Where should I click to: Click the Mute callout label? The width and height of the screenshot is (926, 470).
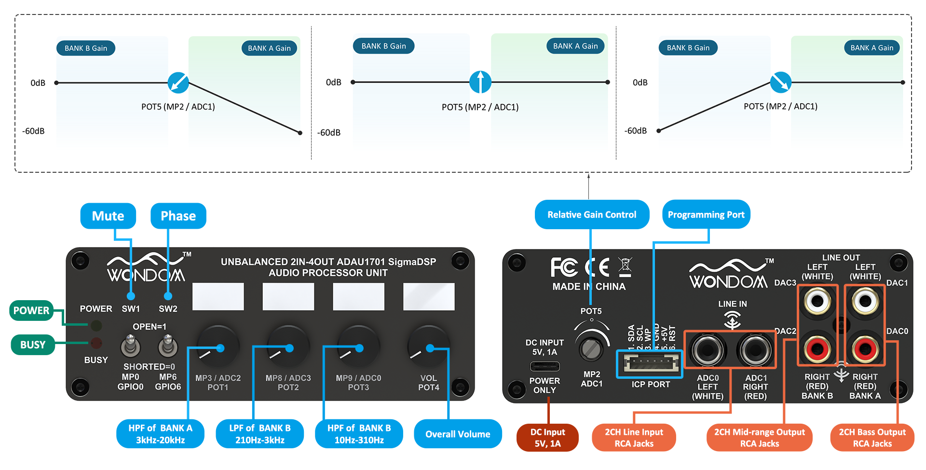(x=108, y=216)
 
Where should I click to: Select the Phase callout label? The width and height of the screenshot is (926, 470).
(x=178, y=216)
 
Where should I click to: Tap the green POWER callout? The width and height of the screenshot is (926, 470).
(x=31, y=310)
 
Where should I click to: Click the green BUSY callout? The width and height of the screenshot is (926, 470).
(x=32, y=345)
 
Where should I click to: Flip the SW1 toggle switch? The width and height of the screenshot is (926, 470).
(x=130, y=346)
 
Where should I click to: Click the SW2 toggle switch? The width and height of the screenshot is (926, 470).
(x=167, y=346)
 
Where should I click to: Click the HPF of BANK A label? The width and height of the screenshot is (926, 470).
(x=160, y=434)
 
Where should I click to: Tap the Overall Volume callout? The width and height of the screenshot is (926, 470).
(x=458, y=434)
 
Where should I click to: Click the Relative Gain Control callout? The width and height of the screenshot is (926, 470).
(x=592, y=215)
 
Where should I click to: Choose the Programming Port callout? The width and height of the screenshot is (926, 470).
(x=706, y=215)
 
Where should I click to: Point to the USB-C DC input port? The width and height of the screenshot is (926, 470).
(x=545, y=366)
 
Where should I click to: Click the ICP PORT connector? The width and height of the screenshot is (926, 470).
(x=650, y=363)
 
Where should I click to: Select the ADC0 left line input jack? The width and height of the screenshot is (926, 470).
(x=708, y=350)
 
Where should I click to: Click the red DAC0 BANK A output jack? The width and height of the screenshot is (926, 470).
(x=865, y=348)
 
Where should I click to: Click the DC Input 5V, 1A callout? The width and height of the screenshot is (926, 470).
(x=547, y=438)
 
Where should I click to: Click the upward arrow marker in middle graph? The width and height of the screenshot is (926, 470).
(x=480, y=82)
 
